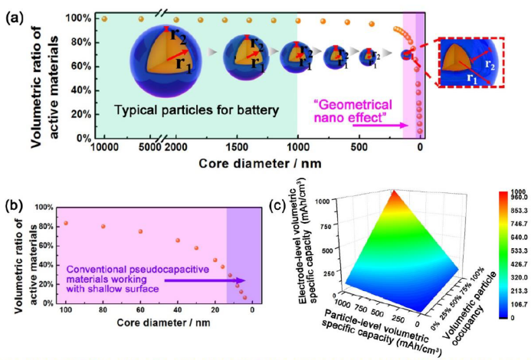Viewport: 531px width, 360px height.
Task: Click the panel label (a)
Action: click(13, 13)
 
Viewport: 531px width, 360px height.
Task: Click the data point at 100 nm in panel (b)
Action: click(66, 223)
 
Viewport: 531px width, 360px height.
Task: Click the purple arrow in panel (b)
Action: click(215, 280)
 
